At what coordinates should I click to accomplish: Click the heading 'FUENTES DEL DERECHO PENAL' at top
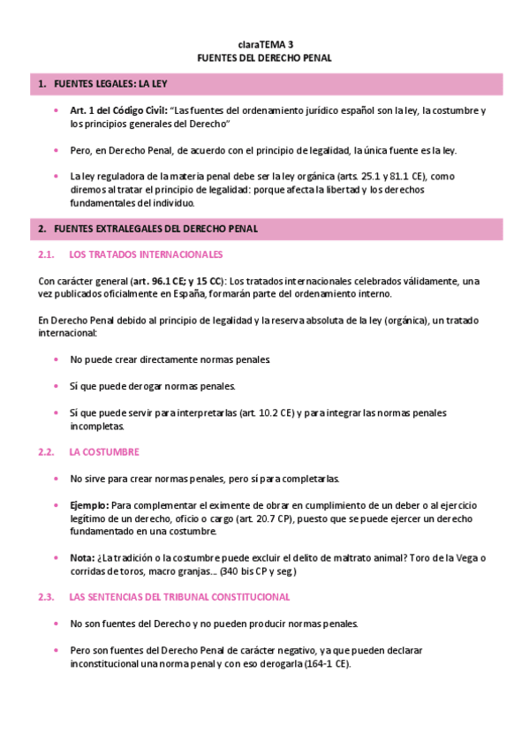pyautogui.click(x=264, y=57)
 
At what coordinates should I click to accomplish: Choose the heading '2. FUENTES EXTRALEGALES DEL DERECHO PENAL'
pyautogui.click(x=147, y=229)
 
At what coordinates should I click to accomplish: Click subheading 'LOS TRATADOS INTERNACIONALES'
pyautogui.click(x=146, y=254)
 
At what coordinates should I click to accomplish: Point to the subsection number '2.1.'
pyautogui.click(x=48, y=254)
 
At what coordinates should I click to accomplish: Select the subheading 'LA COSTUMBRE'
pyautogui.click(x=104, y=451)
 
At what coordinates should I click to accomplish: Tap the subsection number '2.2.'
pyautogui.click(x=48, y=451)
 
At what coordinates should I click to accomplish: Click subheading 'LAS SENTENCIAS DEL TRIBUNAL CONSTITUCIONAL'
pyautogui.click(x=179, y=597)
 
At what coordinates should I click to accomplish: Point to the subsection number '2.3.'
pyautogui.click(x=48, y=597)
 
